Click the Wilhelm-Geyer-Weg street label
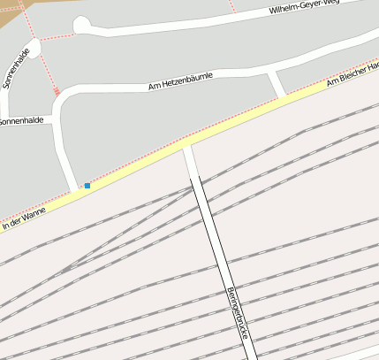[x=304, y=8]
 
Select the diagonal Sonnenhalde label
[x=15, y=68]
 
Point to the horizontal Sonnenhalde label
[x=21, y=120]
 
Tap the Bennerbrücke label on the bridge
[x=236, y=314]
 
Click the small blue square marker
[x=87, y=186]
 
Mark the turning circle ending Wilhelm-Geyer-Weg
[x=81, y=25]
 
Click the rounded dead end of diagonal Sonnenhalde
[x=34, y=45]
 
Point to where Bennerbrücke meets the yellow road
[x=186, y=144]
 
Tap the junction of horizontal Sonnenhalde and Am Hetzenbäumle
[x=55, y=118]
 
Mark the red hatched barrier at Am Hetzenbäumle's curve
[x=57, y=91]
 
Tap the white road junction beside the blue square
[x=73, y=188]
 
